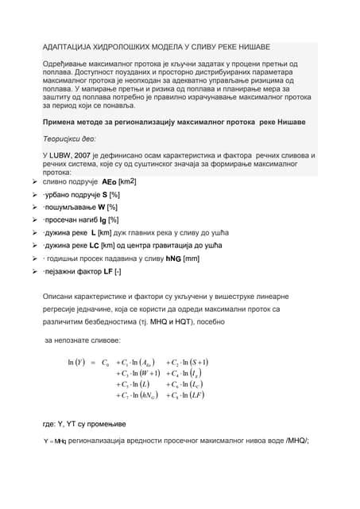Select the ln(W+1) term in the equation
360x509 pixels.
[x=140, y=374]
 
